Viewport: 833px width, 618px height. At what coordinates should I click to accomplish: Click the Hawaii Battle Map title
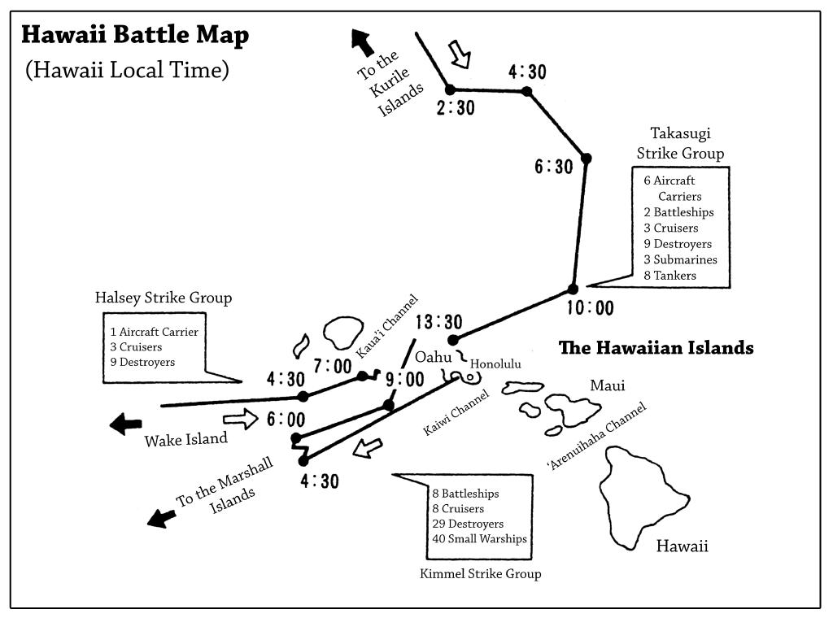[x=135, y=35]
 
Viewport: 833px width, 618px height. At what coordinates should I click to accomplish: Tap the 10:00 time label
[x=591, y=308]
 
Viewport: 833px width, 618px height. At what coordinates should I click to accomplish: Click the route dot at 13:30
[x=453, y=340]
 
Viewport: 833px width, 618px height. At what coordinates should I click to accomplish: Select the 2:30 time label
[x=456, y=108]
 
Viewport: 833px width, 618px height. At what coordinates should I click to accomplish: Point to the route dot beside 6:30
[x=586, y=159]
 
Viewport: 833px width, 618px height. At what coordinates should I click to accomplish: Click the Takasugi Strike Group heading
[x=681, y=143]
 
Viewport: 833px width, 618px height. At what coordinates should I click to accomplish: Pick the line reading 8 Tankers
[x=670, y=275]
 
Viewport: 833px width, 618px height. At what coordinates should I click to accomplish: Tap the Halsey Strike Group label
[x=164, y=298]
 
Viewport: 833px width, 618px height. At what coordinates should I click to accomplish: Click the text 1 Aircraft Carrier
[x=154, y=332]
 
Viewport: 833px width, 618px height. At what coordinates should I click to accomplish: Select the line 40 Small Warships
[x=479, y=538]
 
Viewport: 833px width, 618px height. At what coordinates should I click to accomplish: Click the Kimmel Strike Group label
[x=480, y=573]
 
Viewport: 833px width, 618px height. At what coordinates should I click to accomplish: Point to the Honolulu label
[x=495, y=363]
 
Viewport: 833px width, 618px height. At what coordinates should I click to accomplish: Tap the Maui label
[x=607, y=385]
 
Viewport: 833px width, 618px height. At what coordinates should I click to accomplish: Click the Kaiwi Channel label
[x=456, y=412]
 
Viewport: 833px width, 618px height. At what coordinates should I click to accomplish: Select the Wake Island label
[x=186, y=440]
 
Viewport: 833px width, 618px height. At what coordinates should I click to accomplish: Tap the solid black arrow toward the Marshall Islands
[x=161, y=518]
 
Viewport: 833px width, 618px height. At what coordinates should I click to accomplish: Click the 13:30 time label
[x=438, y=322]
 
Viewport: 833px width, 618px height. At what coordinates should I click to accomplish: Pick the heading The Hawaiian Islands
[x=656, y=348]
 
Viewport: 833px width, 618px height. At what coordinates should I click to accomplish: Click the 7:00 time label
[x=333, y=366]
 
